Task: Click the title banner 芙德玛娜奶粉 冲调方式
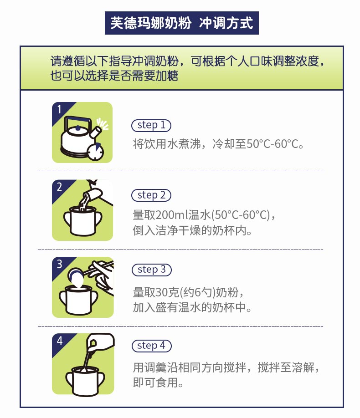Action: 182,23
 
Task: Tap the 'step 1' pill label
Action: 151,125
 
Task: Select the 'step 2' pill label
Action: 151,195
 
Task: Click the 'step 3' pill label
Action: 152,270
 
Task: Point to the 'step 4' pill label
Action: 152,346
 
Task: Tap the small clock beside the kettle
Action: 95,152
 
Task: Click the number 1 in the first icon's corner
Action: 59,109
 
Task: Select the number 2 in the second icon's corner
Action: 59,187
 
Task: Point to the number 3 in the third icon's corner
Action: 59,264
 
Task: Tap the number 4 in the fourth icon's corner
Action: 60,341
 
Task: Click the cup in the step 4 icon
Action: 85,381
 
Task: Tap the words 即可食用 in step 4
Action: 155,382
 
